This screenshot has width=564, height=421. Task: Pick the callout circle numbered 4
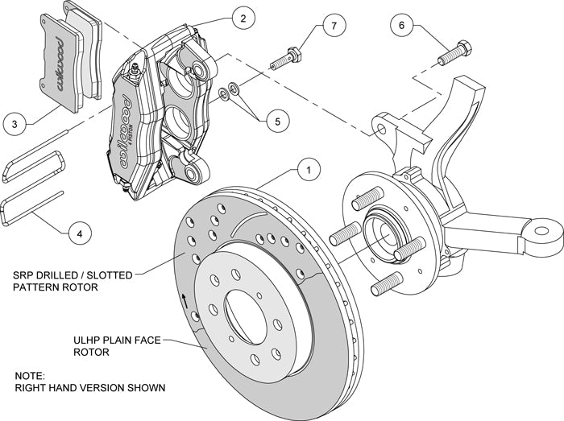[77, 234]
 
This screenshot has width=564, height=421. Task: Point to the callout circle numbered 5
[277, 122]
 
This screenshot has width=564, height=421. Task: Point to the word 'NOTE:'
[31, 375]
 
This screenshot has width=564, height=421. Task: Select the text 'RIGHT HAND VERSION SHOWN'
[89, 388]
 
